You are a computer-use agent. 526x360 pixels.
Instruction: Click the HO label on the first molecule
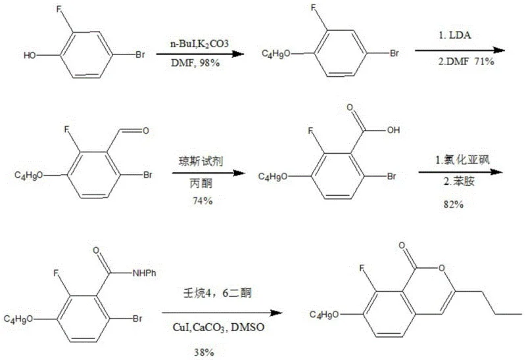[x=29, y=56]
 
